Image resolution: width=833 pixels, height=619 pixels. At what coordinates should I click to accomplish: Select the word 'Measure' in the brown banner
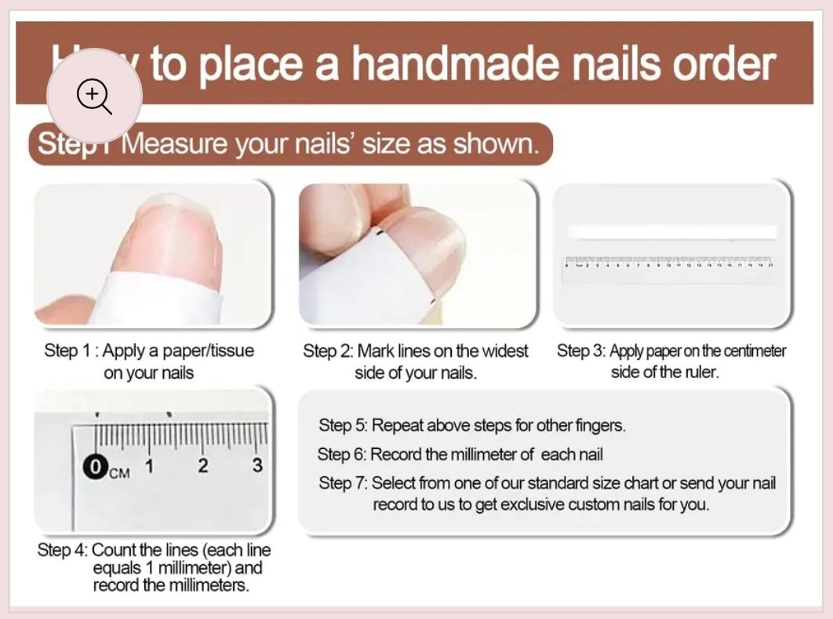tap(173, 144)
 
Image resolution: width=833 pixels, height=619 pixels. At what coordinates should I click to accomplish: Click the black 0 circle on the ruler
tap(96, 468)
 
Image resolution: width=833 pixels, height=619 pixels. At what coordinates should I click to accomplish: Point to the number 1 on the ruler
tap(149, 466)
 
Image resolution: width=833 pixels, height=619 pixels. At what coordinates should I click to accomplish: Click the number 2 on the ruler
tap(203, 466)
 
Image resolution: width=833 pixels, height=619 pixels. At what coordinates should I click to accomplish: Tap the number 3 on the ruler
tap(257, 465)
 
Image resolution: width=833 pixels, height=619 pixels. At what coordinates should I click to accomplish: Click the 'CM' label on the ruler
tap(119, 472)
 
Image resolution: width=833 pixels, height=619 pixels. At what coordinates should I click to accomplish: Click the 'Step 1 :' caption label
tap(71, 351)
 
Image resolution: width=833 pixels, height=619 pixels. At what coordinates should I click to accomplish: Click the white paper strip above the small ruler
tap(671, 232)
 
